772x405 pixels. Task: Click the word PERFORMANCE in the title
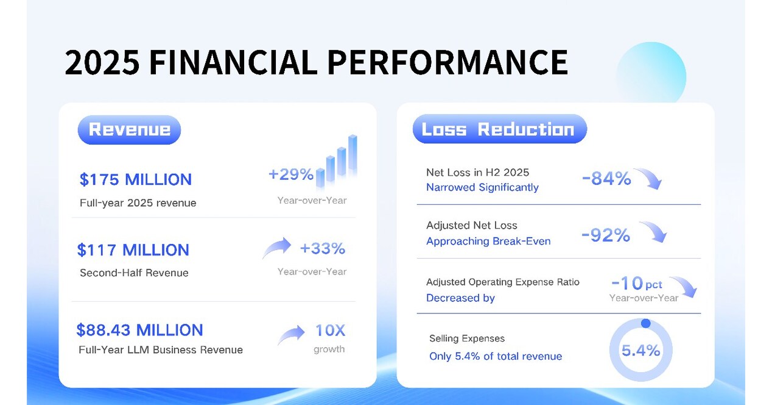[x=447, y=62]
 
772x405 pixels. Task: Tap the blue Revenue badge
[x=129, y=129]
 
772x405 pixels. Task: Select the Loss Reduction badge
[x=499, y=129]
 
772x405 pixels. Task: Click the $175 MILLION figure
[x=136, y=180]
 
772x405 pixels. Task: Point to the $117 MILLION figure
[x=133, y=250]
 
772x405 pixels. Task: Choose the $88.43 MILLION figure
[x=139, y=330]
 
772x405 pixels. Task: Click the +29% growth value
[x=291, y=175]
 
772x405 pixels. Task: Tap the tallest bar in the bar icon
[x=352, y=155]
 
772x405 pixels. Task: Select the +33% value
[x=322, y=249]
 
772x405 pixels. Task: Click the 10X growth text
[x=330, y=331]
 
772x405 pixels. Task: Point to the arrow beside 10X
[x=292, y=335]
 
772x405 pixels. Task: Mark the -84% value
[x=606, y=179]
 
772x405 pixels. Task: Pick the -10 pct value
[x=636, y=284]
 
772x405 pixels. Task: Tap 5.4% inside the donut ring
[x=640, y=351]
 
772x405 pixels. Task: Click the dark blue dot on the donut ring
[x=645, y=323]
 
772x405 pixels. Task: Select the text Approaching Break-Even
[x=488, y=242]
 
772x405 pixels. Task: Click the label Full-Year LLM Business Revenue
[x=161, y=350]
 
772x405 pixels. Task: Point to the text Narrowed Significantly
[x=482, y=188]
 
